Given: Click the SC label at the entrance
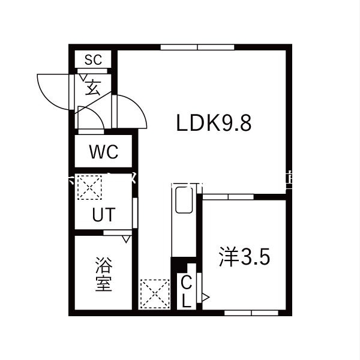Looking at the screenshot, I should [93, 59].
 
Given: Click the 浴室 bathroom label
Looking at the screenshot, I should [103, 274].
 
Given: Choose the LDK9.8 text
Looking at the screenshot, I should [213, 123].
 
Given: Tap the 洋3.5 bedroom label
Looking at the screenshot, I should [244, 257].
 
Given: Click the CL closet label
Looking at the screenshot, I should [187, 291].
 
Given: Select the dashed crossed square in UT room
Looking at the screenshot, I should [89, 187].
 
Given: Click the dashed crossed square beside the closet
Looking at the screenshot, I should [155, 294].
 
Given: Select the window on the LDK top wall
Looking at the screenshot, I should [197, 47].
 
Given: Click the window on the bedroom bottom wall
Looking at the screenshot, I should [251, 313].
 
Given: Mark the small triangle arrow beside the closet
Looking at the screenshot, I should [205, 296].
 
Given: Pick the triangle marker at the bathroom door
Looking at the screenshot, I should [125, 239].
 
